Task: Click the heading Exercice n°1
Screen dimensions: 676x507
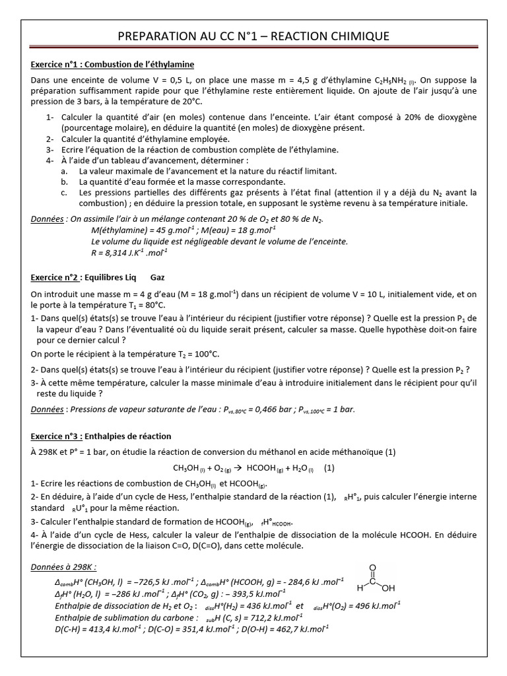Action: pos(113,65)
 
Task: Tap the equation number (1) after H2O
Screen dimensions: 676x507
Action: pos(329,468)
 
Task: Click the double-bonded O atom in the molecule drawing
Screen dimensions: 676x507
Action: pos(373,566)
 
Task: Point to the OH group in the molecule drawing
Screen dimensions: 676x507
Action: pos(389,588)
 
